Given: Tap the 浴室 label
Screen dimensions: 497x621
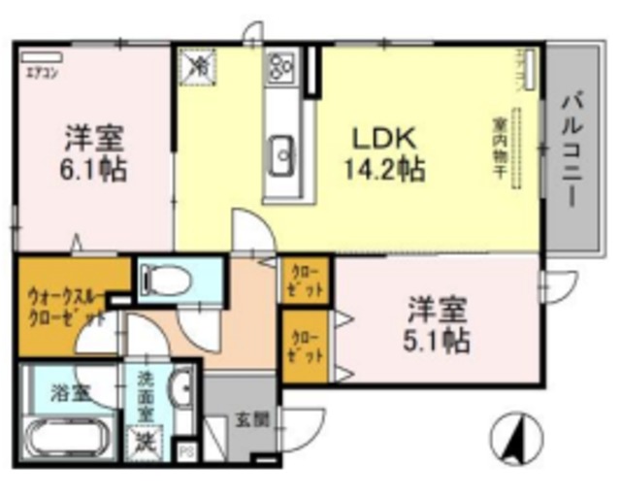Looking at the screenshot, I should coord(70,393).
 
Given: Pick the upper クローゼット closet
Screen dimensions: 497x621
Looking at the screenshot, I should coord(306,280).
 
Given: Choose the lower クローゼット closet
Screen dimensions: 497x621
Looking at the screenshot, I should coord(306,348).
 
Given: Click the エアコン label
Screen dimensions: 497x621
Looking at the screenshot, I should coord(39,71).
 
